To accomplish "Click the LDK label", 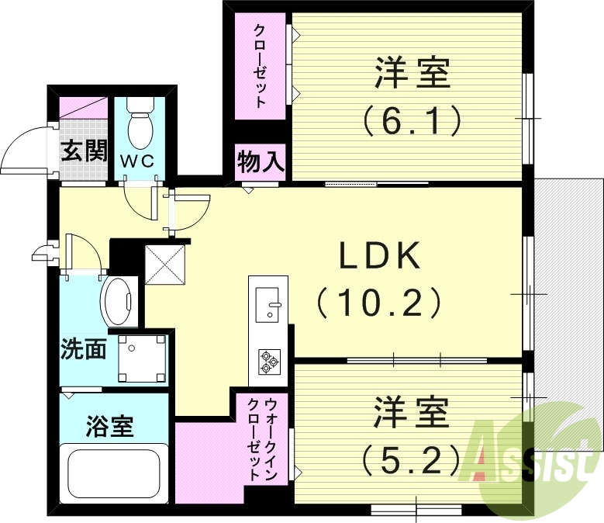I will pos(380,255).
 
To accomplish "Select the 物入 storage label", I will pos(261,162).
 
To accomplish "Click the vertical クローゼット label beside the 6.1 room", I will pos(261,66).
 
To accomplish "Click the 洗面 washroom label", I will pos(84,350).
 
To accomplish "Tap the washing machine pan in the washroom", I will pos(142,357).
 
